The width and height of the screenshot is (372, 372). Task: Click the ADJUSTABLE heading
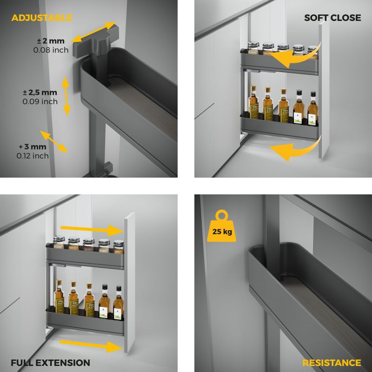point(42,18)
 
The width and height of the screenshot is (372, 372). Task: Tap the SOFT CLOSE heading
point(332,18)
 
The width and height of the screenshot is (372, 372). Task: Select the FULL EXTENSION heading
point(50,363)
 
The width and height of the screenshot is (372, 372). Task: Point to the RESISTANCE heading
point(332,363)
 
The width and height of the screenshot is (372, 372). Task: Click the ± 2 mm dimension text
point(51,41)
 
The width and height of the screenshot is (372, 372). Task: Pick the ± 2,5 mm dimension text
point(40,92)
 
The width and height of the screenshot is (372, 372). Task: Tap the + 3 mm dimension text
point(33,146)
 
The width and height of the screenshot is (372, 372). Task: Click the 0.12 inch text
point(33,156)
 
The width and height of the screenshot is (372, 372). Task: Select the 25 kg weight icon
point(222,226)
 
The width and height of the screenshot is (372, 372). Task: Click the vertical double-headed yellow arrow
point(66,96)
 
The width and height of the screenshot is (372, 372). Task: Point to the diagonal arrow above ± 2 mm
point(93,32)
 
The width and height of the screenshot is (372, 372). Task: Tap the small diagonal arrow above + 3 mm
point(54,142)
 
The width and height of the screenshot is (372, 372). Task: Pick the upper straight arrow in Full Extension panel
point(92,229)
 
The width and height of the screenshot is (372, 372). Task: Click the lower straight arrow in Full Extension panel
point(91,345)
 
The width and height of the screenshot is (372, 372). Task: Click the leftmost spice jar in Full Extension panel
point(59,242)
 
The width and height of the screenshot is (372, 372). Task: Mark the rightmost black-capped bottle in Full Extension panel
point(118,303)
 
